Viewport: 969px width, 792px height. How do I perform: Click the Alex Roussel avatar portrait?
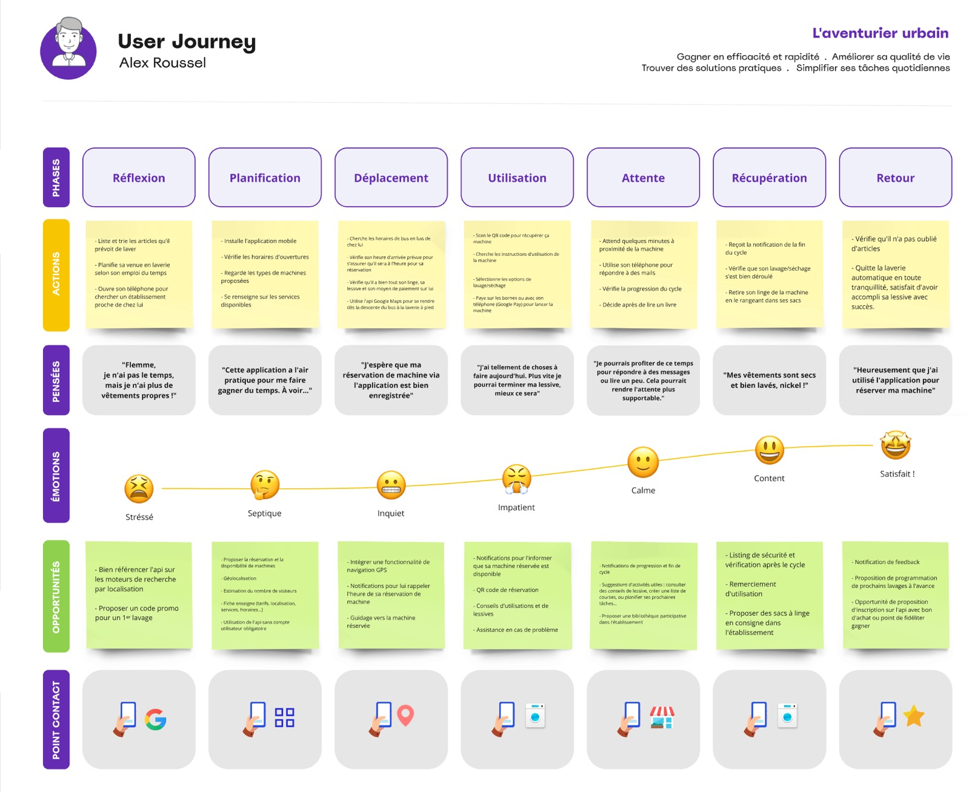pyautogui.click(x=68, y=48)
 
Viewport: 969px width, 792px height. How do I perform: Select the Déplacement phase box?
pyautogui.click(x=391, y=178)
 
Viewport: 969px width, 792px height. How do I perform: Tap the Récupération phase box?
pyautogui.click(x=769, y=178)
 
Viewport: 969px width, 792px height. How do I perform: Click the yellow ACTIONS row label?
pyautogui.click(x=56, y=275)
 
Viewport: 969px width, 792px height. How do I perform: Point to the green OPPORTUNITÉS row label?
pyautogui.click(x=56, y=596)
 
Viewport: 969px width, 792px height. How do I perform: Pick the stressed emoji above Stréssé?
pyautogui.click(x=139, y=488)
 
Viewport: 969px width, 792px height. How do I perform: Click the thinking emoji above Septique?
pyautogui.click(x=265, y=485)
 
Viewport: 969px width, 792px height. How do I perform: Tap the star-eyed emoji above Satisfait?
pyautogui.click(x=896, y=445)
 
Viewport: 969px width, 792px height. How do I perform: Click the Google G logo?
pyautogui.click(x=156, y=719)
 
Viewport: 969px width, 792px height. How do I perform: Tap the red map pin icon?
pyautogui.click(x=405, y=716)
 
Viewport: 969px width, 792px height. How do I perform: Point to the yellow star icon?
pyautogui.click(x=914, y=716)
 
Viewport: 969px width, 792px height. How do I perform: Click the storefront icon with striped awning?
pyautogui.click(x=662, y=717)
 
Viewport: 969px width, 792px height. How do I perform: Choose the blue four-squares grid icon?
pyautogui.click(x=284, y=717)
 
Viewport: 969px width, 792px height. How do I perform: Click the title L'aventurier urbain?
pyautogui.click(x=880, y=33)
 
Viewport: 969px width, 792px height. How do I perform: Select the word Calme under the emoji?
pyautogui.click(x=643, y=490)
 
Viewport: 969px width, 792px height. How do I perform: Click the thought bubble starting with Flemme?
pyautogui.click(x=139, y=380)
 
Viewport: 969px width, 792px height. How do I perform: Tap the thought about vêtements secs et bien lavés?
pyautogui.click(x=769, y=380)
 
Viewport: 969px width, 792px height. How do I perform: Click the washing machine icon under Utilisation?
pyautogui.click(x=535, y=716)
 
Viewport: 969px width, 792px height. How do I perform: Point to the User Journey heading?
pyautogui.click(x=187, y=41)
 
